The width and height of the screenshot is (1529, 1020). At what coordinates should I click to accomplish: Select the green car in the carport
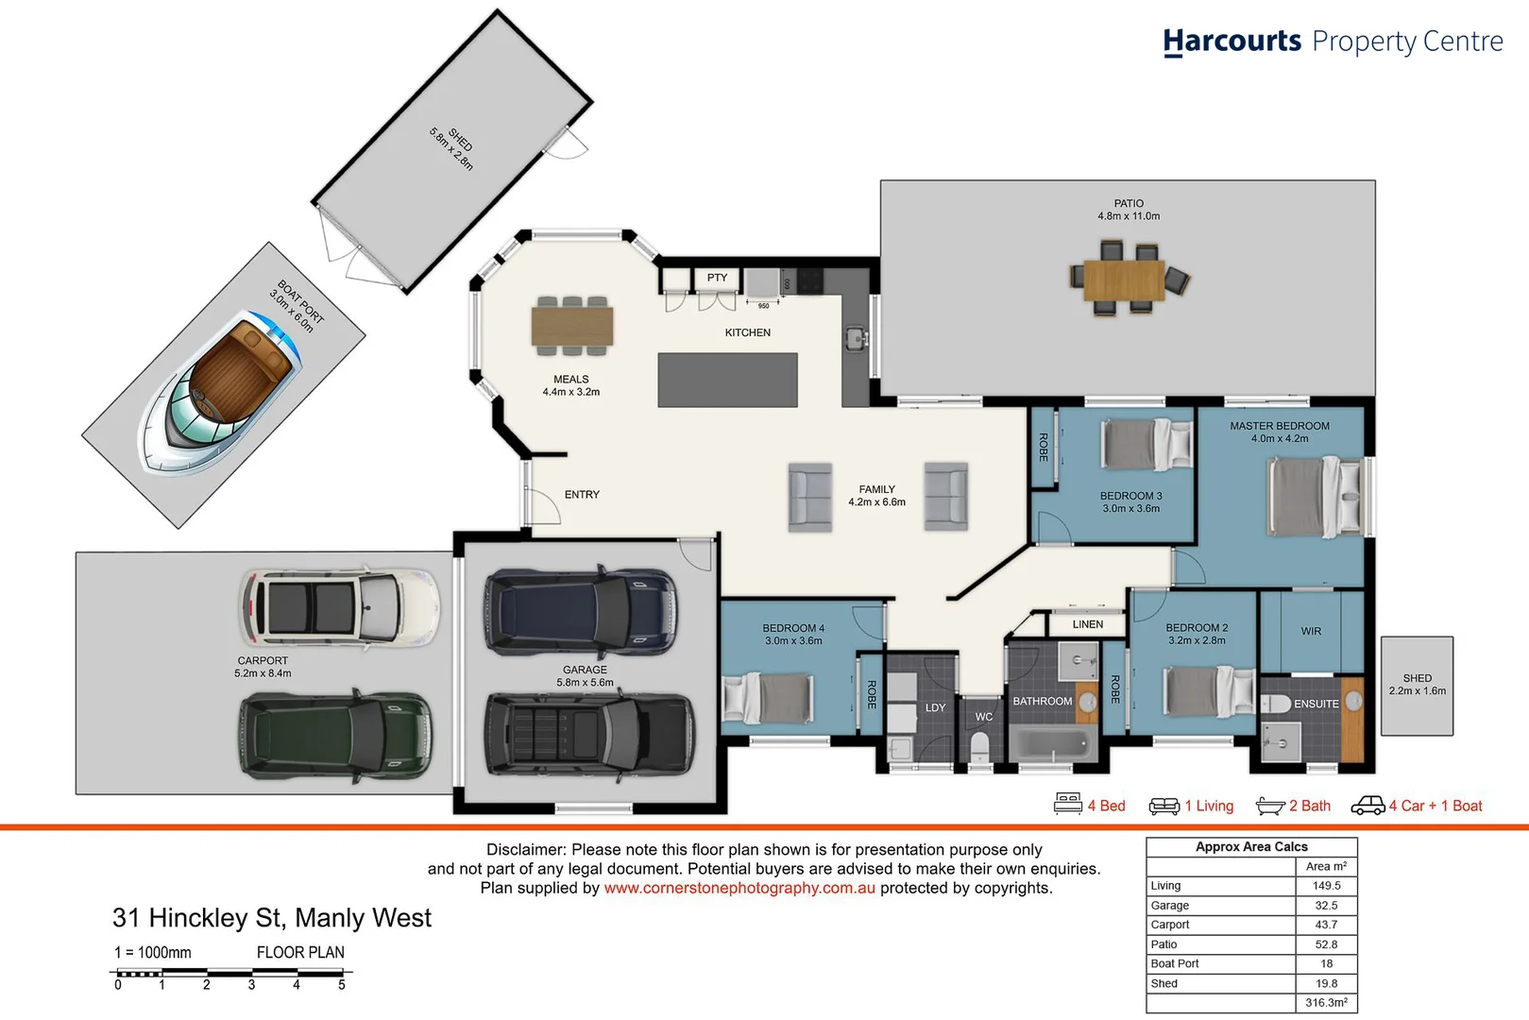pyautogui.click(x=335, y=736)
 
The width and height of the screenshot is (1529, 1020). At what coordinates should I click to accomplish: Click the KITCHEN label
pyautogui.click(x=747, y=332)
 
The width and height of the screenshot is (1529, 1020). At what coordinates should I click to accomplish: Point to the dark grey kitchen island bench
pyautogui.click(x=727, y=380)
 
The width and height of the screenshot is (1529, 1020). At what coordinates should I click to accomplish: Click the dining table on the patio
pyautogui.click(x=1124, y=280)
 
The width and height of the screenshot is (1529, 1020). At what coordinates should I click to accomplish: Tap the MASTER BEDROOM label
pyautogui.click(x=1279, y=426)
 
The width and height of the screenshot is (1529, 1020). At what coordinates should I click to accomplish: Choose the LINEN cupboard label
pyautogui.click(x=1087, y=624)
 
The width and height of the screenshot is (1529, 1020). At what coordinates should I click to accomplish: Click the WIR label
pyautogui.click(x=1311, y=631)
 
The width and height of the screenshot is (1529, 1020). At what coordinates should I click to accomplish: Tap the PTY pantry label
pyautogui.click(x=717, y=278)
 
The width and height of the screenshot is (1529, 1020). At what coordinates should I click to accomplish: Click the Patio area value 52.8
pyautogui.click(x=1326, y=944)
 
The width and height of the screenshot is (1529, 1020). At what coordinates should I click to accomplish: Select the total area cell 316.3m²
pyautogui.click(x=1326, y=1003)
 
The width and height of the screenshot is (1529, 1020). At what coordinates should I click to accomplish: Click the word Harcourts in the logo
pyautogui.click(x=1232, y=42)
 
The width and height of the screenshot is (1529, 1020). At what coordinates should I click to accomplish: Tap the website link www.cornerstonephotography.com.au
pyautogui.click(x=739, y=888)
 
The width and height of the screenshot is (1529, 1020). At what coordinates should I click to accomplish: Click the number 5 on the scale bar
pyautogui.click(x=342, y=985)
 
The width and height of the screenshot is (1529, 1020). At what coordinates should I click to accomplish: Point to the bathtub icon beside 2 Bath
pyautogui.click(x=1269, y=806)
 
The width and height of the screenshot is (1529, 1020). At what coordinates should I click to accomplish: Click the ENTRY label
pyautogui.click(x=582, y=495)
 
